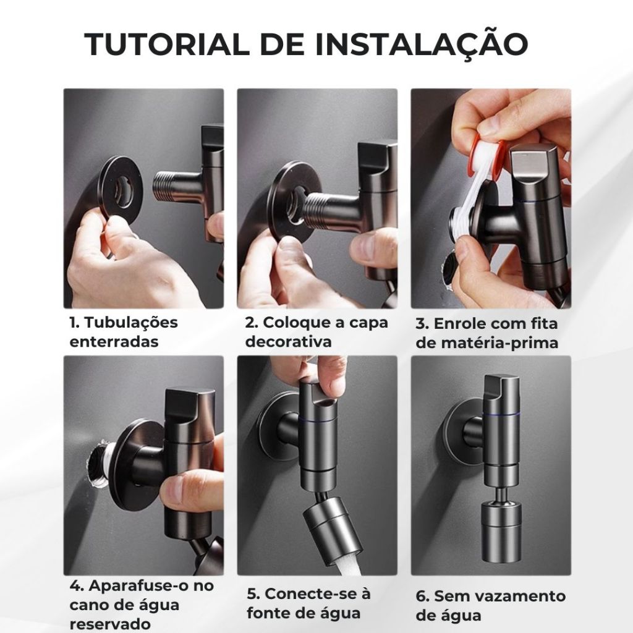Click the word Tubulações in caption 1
click(x=131, y=323)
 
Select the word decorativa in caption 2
click(x=288, y=341)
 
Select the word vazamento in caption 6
click(x=519, y=596)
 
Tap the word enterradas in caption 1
click(x=114, y=341)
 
